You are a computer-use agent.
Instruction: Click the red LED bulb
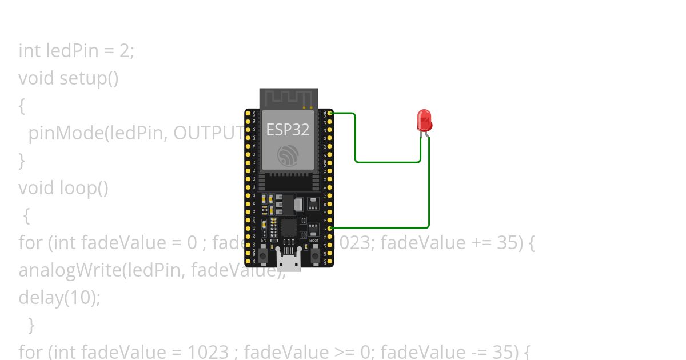point(424,120)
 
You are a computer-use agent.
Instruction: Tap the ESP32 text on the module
point(288,130)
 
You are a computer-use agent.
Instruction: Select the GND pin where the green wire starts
point(330,113)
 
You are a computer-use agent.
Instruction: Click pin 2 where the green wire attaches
point(330,228)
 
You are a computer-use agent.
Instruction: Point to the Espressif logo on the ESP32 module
point(288,156)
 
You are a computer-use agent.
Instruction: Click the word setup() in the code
point(89,78)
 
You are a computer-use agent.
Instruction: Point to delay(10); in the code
point(59,298)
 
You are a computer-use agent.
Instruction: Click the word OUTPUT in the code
point(209,133)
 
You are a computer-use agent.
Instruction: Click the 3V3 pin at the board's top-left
point(248,113)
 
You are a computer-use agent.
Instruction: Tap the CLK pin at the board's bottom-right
point(330,261)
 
